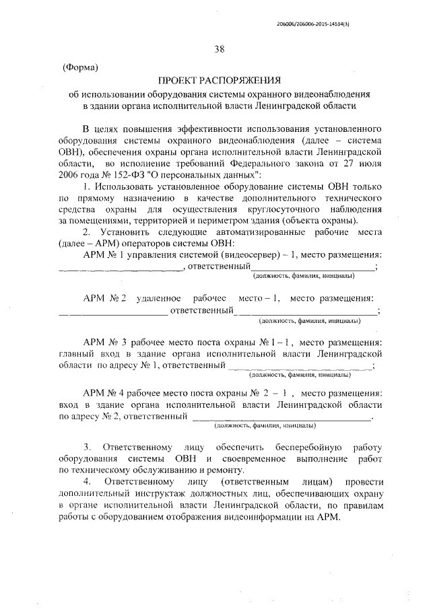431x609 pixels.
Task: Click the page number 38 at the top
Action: [220, 48]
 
